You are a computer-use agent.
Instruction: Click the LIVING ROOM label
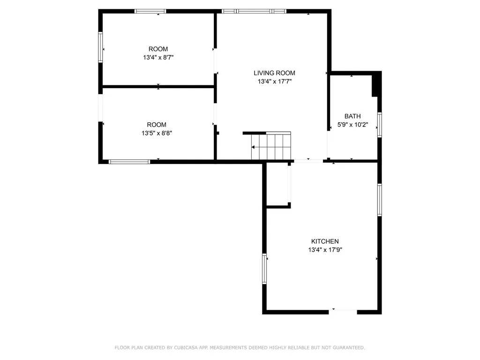[274, 73]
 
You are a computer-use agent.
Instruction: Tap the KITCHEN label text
[325, 241]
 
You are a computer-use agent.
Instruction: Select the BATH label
[352, 116]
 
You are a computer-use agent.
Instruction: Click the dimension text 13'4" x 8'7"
[158, 58]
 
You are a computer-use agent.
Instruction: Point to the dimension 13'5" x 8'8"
[157, 133]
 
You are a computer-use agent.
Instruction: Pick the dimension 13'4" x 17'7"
[274, 82]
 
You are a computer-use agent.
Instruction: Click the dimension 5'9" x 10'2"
[352, 125]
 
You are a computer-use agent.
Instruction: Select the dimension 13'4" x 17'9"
[325, 250]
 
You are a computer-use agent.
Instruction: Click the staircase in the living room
[271, 147]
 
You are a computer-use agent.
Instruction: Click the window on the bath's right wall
[380, 125]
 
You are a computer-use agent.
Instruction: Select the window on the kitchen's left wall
[264, 269]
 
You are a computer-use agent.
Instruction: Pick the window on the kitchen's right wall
[380, 200]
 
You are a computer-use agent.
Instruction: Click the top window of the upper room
[150, 11]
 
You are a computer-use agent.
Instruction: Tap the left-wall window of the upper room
[100, 46]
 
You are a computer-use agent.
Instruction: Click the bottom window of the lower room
[129, 162]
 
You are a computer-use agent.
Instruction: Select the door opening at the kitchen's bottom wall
[343, 310]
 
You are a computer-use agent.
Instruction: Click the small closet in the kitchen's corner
[277, 184]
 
